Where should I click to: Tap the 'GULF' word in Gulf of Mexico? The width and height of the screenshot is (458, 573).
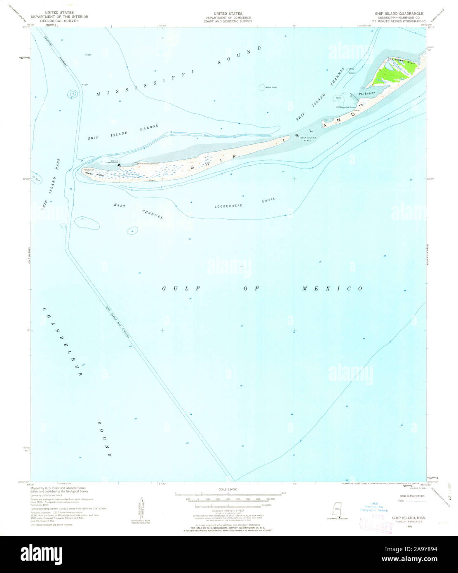181,289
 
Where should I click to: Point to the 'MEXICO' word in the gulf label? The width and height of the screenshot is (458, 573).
332,289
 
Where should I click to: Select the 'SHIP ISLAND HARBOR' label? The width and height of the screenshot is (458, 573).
123,133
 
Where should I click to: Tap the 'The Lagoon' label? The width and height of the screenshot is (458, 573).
366,94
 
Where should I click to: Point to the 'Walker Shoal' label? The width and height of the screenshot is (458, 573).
271,87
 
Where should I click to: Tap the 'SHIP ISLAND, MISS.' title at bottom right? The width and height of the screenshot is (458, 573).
409,517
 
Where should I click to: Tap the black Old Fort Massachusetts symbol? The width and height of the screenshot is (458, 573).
119,166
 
